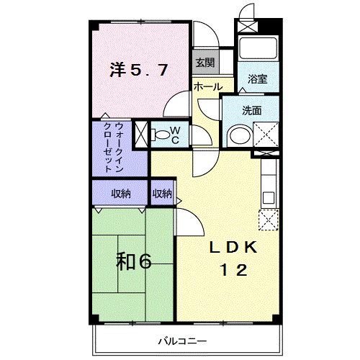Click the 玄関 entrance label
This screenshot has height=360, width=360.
click(204, 63)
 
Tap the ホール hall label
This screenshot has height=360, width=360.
click(208, 86)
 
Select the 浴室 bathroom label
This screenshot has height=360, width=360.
click(258, 79)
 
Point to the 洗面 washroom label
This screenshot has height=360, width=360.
click(252, 111)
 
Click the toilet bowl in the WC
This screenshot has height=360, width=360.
click(160, 135)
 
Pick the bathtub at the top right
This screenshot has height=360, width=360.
click(258, 48)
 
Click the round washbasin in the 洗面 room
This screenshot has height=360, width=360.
click(240, 136)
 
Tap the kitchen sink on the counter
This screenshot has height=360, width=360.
click(269, 198)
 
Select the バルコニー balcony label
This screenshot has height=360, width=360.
click(182, 341)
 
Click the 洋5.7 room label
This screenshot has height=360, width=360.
click(139, 70)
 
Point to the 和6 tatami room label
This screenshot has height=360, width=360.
click(134, 261)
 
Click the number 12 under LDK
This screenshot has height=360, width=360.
click(234, 270)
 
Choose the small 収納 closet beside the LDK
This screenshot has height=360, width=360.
click(163, 194)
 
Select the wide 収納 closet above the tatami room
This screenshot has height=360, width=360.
click(120, 193)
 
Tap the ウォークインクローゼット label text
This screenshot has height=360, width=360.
click(113, 148)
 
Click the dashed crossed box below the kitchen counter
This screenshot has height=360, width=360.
click(269, 220)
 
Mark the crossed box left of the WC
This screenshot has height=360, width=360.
click(141, 135)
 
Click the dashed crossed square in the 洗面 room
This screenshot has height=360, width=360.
click(266, 135)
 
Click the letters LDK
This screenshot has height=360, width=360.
click(233, 248)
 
